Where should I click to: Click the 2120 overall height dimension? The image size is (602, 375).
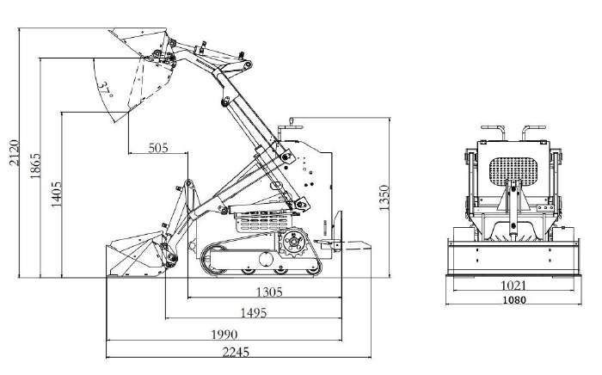[x=15, y=152]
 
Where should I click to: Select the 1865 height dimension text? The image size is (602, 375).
[x=35, y=166]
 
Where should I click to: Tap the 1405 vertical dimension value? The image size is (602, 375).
[x=57, y=194]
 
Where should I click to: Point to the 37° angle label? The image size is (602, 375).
[x=104, y=89]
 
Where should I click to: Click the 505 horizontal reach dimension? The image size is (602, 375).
[x=158, y=148]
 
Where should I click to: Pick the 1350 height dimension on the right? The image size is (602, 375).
[x=384, y=198]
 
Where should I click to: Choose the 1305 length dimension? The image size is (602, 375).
[x=269, y=292]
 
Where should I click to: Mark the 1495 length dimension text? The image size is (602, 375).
[x=254, y=313]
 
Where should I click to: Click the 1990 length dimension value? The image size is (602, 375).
[x=224, y=335]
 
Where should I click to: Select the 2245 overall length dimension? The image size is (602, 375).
[x=236, y=352]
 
